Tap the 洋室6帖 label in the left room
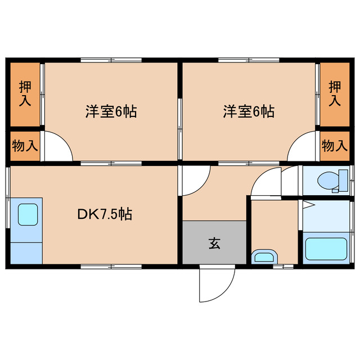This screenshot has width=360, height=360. (x=111, y=111)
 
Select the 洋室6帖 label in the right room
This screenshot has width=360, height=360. (x=248, y=111)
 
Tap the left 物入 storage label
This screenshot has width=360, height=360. (x=25, y=146)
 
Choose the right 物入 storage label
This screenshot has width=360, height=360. (x=335, y=146)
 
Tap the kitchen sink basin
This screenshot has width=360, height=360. (x=27, y=214)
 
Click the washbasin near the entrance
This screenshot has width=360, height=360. (x=263, y=257)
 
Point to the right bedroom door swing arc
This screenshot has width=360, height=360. (x=303, y=147)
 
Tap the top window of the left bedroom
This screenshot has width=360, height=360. (x=111, y=61)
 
